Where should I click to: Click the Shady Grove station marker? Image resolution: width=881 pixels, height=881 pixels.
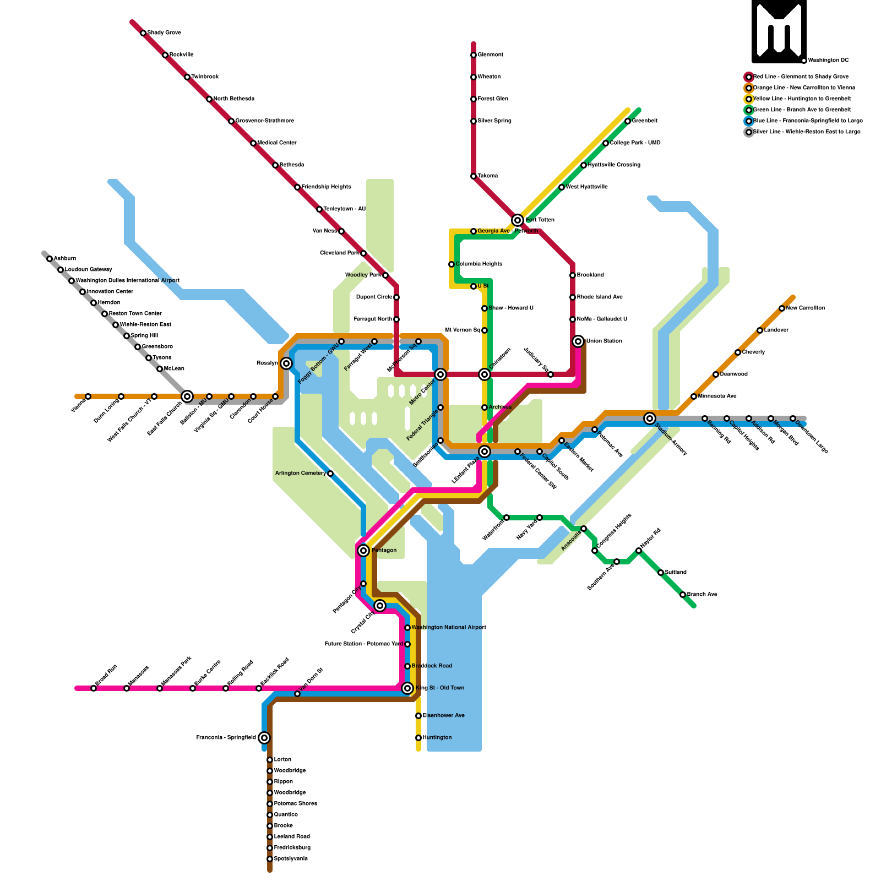coord(143,33)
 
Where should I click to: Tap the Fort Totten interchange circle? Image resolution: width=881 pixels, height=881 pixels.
coord(518,220)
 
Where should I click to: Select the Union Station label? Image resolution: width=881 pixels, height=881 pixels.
coord(604,341)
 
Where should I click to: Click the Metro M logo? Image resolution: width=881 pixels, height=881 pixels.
coord(779,31)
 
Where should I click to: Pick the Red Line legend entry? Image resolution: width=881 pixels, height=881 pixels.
coord(801,77)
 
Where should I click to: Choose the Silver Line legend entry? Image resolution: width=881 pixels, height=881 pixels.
coord(806,132)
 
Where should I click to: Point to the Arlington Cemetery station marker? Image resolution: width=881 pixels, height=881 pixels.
coord(330,474)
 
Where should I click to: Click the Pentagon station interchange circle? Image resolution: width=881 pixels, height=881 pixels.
coord(363,551)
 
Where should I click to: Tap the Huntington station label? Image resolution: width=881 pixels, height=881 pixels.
coord(437,738)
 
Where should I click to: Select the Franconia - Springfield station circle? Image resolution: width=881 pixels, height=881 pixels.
coord(264,738)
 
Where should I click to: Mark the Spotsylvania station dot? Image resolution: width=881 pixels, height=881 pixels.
coord(270,859)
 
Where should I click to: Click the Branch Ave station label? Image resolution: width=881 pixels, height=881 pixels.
coord(702,595)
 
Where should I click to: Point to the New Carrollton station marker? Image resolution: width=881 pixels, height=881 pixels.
coord(782,308)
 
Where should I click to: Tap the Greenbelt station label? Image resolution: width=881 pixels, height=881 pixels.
coord(645,121)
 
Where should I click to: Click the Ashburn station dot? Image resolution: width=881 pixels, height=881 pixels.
coord(50,259)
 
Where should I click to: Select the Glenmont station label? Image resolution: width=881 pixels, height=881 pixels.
coord(491,55)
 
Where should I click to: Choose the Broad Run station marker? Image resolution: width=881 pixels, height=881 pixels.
coord(94,688)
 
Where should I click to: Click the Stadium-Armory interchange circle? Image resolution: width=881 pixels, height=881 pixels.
coord(650,418)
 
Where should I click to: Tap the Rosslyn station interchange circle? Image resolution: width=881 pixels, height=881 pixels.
coord(286,363)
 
